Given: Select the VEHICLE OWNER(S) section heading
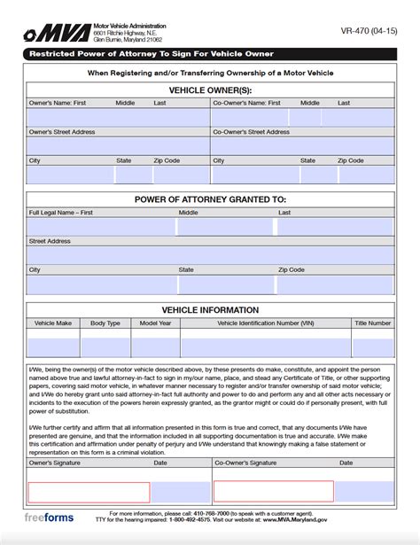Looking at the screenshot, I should coord(209,90).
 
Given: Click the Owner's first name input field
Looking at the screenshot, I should coord(69,117).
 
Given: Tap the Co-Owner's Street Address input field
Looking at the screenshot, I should coord(301,145).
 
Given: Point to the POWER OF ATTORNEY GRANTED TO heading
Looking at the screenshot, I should coord(209,199).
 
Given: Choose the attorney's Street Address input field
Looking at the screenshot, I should coord(209,255).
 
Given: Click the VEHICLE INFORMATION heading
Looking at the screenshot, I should coord(209,310).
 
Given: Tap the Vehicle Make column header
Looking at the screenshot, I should coord(53,323).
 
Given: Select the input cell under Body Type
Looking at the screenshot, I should coord(105,343).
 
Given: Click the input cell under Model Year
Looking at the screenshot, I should coord(155,343).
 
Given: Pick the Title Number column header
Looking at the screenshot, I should coord(372,323).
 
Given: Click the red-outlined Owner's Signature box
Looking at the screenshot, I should coord(89,492).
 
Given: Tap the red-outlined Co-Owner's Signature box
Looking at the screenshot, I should coord(273,492).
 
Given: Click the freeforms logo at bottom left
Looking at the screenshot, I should coord(50,518).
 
